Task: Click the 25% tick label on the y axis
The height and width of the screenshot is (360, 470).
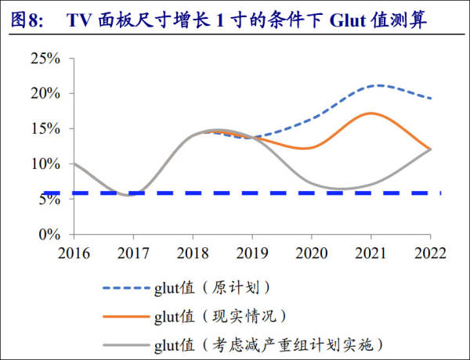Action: (x=45, y=59)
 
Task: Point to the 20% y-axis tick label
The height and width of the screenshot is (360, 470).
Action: (x=45, y=94)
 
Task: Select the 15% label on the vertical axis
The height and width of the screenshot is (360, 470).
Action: (x=45, y=129)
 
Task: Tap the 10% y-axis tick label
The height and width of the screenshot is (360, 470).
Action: (x=45, y=164)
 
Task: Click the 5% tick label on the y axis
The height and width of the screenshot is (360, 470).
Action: (x=49, y=200)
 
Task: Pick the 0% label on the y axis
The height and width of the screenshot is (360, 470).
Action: (x=49, y=234)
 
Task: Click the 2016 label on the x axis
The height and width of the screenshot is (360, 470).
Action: (x=73, y=253)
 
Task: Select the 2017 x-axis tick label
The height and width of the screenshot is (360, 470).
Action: (x=132, y=253)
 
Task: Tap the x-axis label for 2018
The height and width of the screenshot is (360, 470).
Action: (x=192, y=253)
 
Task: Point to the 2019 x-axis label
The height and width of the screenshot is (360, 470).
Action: (x=251, y=253)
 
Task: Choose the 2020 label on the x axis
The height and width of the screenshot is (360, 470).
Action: (x=311, y=253)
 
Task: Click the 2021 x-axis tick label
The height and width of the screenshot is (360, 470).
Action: (x=371, y=253)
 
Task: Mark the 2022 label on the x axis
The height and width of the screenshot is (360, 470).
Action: (x=430, y=253)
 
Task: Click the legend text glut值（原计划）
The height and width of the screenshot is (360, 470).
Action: (x=211, y=288)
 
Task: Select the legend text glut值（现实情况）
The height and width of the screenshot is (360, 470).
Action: (x=219, y=316)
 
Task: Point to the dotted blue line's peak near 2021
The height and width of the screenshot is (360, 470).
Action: (x=378, y=85)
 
